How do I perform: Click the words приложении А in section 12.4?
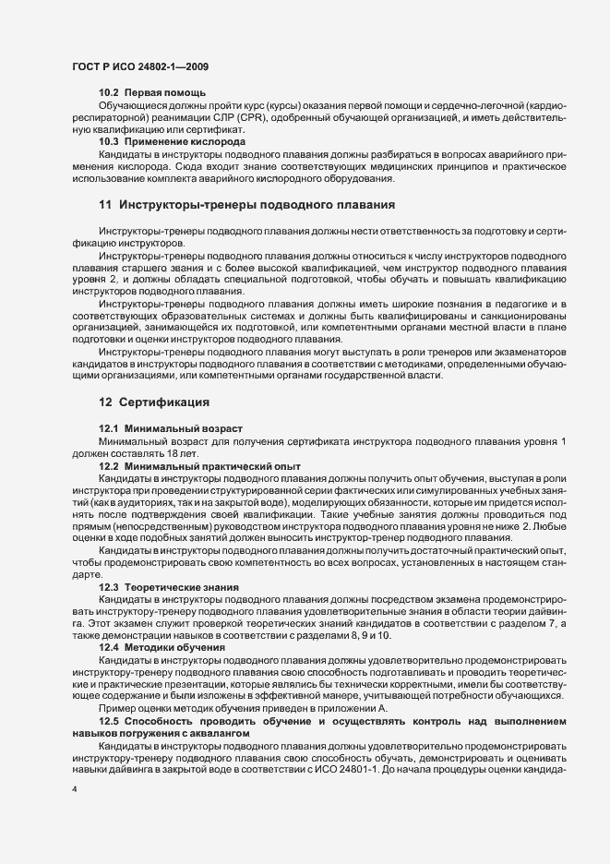362,707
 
